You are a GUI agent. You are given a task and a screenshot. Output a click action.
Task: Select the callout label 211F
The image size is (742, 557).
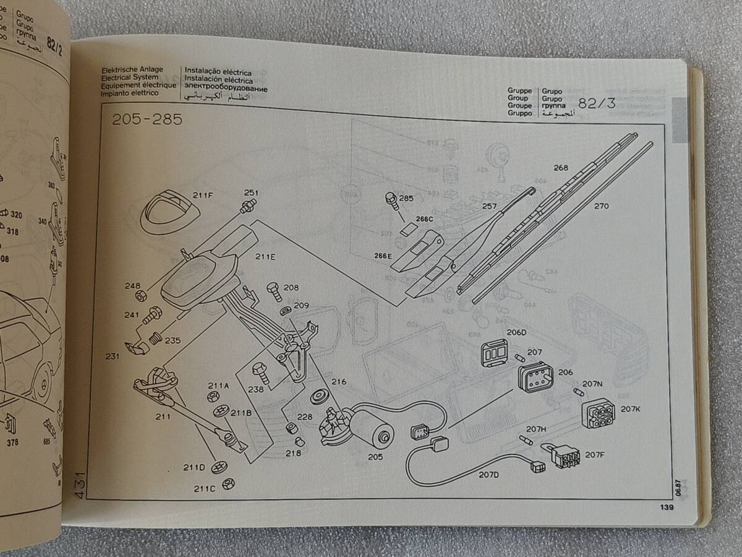(x=202, y=196)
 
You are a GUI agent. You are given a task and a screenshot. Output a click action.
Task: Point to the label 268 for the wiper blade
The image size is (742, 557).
(x=561, y=167)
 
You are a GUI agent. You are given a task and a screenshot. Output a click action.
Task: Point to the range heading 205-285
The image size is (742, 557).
(x=147, y=120)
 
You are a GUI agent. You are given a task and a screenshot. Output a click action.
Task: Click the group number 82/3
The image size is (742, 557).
(x=597, y=103)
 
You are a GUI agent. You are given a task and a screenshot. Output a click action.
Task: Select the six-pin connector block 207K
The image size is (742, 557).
(x=599, y=413)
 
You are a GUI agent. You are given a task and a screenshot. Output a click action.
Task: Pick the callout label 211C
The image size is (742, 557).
(x=204, y=488)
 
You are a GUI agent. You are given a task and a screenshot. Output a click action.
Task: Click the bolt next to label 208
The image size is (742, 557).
(x=273, y=290)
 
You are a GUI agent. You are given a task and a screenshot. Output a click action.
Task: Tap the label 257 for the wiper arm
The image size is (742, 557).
(x=489, y=206)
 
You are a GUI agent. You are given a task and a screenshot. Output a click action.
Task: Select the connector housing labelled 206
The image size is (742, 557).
(x=534, y=376)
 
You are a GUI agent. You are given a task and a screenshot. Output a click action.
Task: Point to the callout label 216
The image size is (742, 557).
(x=338, y=382)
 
